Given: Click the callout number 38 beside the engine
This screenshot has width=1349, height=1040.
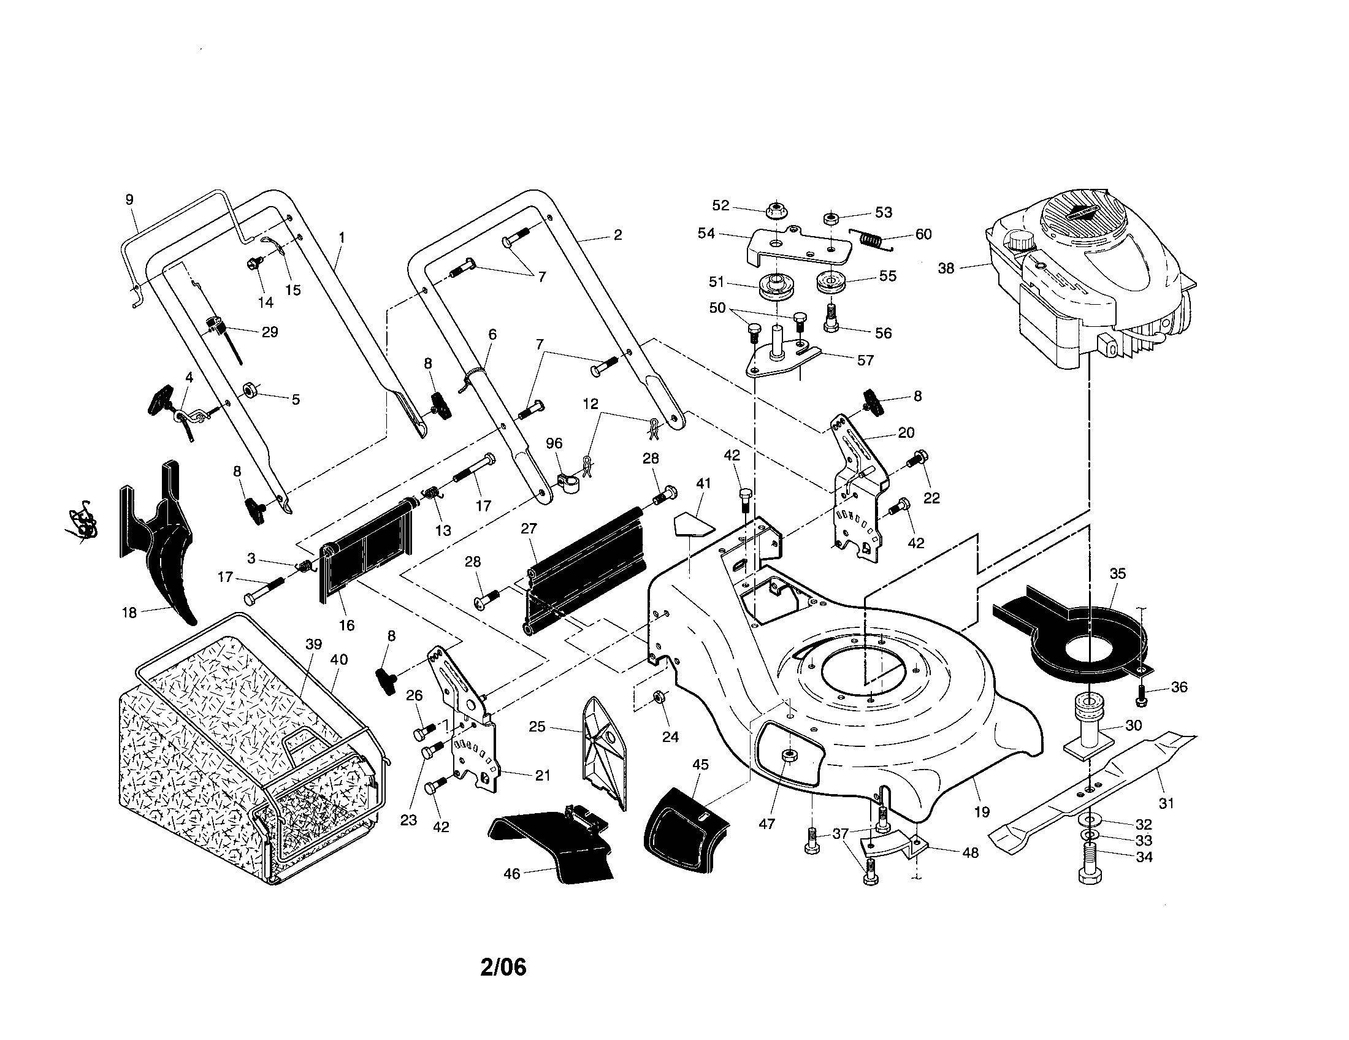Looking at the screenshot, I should tap(946, 269).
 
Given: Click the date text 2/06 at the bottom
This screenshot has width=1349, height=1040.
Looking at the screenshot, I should tap(503, 968).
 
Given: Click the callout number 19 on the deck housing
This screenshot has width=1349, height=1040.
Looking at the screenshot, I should tap(982, 812).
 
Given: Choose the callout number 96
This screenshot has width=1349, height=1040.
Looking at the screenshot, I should tap(554, 443).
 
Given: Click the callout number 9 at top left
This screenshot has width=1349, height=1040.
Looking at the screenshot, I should tap(129, 199).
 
